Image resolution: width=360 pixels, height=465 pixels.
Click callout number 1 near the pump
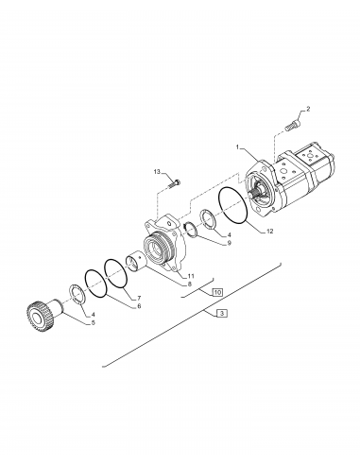point(238,147)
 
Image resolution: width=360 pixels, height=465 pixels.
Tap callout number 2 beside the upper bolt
point(307,112)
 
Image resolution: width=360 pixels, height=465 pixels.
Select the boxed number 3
point(221,313)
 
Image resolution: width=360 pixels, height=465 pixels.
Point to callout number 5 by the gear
point(93,322)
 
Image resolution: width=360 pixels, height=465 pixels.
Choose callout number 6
point(138,306)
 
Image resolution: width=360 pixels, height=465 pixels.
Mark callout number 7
point(139,296)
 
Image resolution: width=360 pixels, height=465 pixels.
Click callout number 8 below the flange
point(189,283)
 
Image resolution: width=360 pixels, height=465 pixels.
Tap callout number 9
point(228,243)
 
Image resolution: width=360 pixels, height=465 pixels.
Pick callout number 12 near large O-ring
point(269,231)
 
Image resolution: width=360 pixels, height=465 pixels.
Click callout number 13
point(157,172)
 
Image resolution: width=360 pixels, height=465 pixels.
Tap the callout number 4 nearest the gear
point(93,312)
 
